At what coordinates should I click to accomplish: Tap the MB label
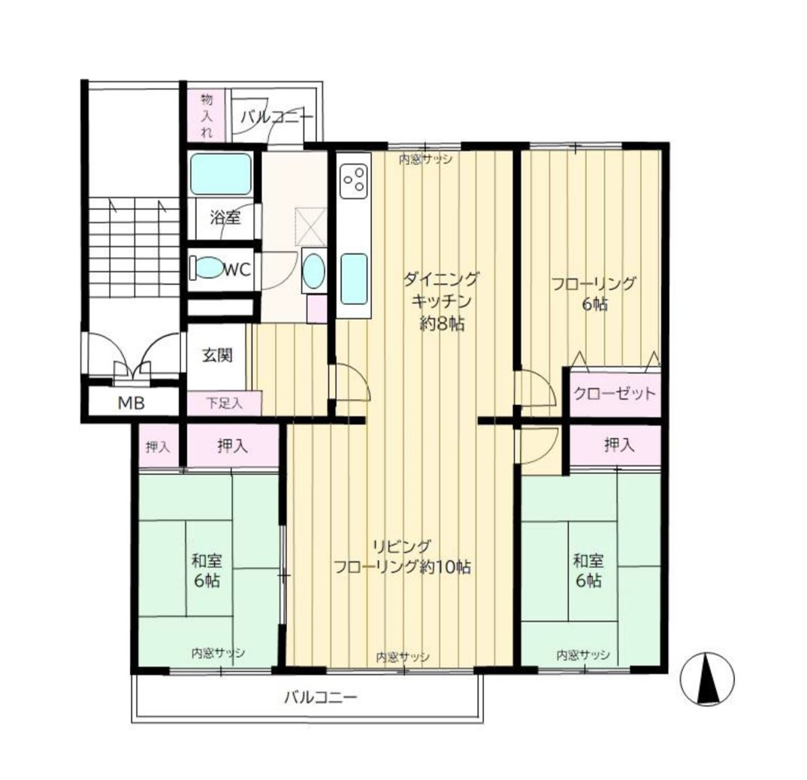coord(131,403)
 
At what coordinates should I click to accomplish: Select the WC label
coord(237,269)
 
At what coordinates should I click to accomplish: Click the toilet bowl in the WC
coord(208,268)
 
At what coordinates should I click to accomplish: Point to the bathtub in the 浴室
coord(220,174)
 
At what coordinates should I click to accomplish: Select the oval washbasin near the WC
coord(313,271)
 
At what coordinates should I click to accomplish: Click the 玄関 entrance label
coord(217,355)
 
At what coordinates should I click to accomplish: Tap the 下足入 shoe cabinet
coord(224,403)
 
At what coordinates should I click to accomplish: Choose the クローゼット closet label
coord(615,394)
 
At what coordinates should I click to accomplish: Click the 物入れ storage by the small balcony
coord(206,115)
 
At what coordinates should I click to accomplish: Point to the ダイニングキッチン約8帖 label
coord(442,301)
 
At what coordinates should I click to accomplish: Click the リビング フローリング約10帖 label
coord(402,556)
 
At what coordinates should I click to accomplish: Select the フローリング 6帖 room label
coord(594,294)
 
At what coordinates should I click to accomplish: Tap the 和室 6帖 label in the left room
coord(207,570)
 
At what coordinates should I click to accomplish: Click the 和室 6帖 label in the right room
coord(589,570)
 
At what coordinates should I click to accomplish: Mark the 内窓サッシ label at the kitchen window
coord(425,159)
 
